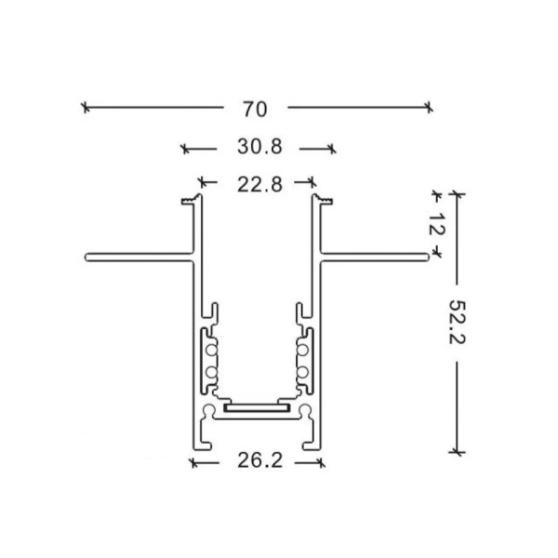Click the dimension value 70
(255, 109)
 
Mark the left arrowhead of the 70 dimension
(86, 108)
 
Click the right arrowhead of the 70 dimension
(429, 108)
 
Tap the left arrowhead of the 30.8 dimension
(184, 148)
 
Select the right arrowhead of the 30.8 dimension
(332, 148)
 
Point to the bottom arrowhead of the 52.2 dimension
(455, 451)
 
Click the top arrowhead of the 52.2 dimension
(455, 194)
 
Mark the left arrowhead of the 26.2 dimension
(193, 460)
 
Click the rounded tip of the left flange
(86, 256)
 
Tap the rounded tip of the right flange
(431, 256)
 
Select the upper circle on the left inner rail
(211, 351)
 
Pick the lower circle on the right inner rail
(303, 373)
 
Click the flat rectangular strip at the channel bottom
(257, 407)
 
